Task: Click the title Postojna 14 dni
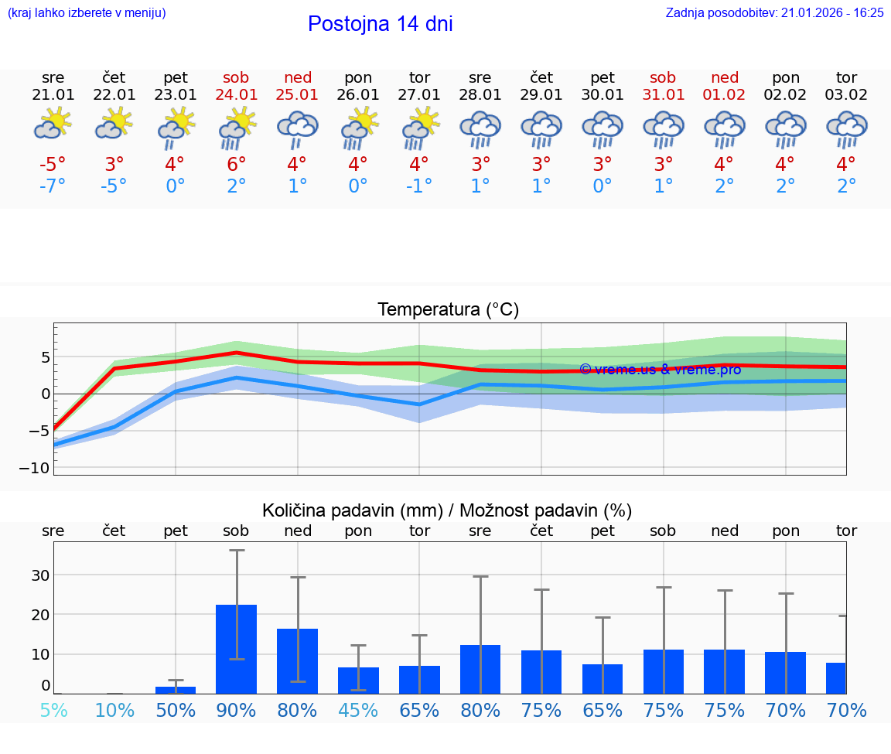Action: (x=380, y=24)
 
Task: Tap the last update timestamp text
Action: (x=774, y=12)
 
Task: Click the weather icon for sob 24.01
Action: (x=237, y=128)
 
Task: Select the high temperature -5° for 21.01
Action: (x=53, y=165)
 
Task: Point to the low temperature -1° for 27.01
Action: (x=419, y=186)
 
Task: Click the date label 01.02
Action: (x=724, y=94)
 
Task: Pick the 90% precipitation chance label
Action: (x=237, y=710)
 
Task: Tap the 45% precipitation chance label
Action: (x=358, y=710)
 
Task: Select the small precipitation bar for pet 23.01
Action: (x=176, y=689)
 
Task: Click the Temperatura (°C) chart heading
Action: (x=448, y=309)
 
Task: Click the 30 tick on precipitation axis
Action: (x=39, y=575)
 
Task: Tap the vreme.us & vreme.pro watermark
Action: (x=660, y=370)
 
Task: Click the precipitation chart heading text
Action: (x=447, y=510)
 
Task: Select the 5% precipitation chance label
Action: (x=53, y=710)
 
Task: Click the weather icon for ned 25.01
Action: (x=298, y=128)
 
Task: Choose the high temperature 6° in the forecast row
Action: (x=237, y=165)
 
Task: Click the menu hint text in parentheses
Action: (x=87, y=12)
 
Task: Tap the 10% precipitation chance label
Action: (x=114, y=710)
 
